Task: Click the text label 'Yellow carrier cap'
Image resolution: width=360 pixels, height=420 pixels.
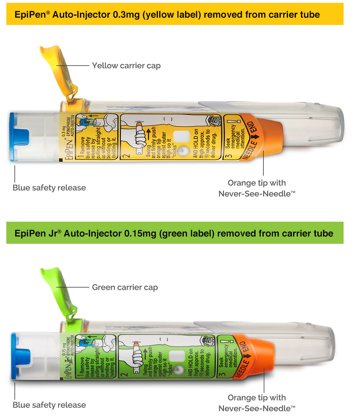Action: point(126,66)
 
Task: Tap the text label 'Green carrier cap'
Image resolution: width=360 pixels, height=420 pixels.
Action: point(125,287)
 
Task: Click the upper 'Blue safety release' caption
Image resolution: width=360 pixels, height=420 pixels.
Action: point(49,188)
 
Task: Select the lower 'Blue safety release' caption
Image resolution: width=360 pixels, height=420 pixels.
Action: point(49,405)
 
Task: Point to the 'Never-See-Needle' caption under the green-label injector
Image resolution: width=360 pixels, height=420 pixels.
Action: point(257,409)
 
